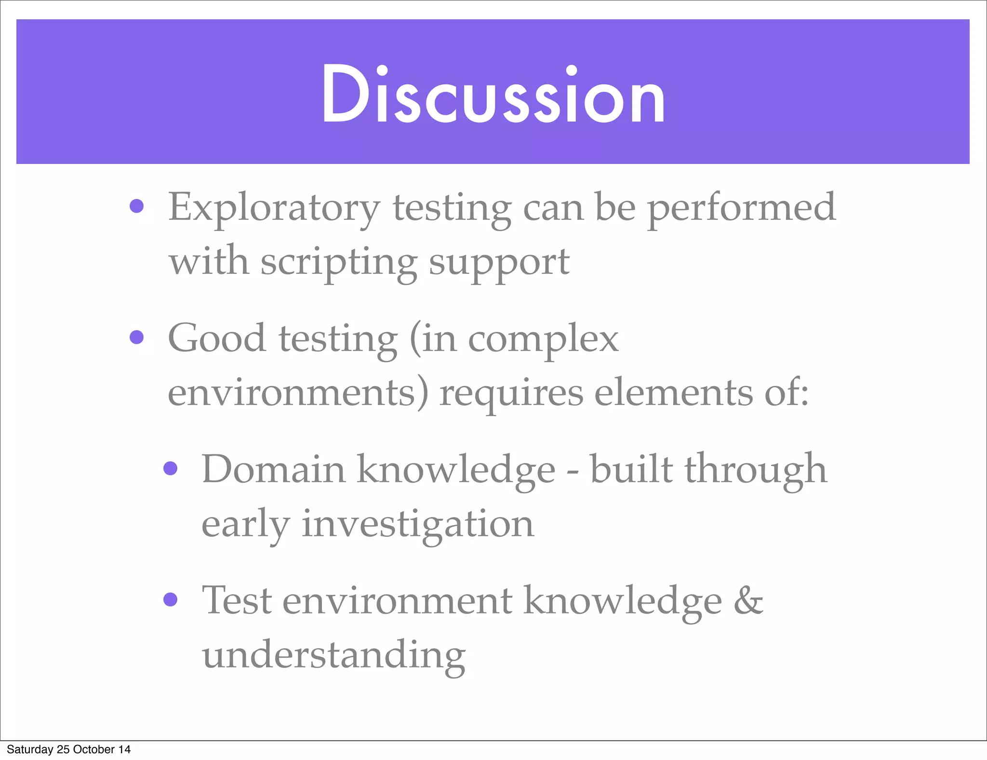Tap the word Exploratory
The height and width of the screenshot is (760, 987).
point(274,207)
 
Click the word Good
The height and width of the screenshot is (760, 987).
point(217,339)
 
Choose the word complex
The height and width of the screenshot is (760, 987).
point(543,339)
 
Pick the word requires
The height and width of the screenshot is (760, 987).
point(511,393)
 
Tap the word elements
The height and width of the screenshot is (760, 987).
point(673,393)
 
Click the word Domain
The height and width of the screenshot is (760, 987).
point(273,469)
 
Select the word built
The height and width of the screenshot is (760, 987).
point(631,469)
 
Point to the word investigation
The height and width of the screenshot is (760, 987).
point(417,524)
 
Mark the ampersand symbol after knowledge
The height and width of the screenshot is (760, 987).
point(748,601)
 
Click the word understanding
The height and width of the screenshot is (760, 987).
point(333,655)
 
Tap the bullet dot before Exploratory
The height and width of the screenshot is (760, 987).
point(137,206)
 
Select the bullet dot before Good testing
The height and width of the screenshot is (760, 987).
point(137,337)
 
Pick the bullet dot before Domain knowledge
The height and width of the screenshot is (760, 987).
point(170,468)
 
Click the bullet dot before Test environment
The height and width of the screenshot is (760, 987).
point(170,599)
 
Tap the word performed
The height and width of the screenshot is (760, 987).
point(741,207)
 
